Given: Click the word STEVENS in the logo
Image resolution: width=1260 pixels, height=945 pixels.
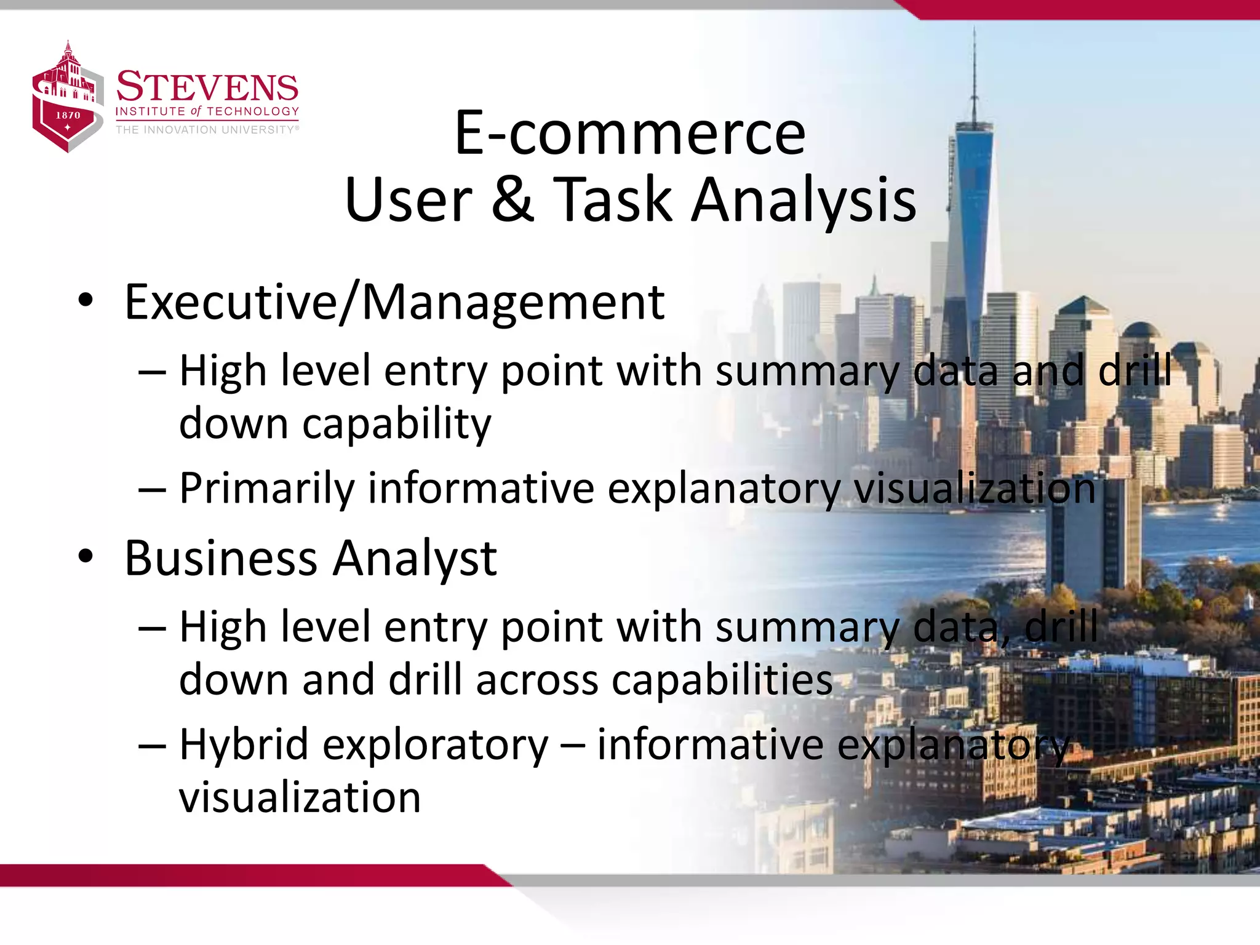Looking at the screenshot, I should coord(207,87).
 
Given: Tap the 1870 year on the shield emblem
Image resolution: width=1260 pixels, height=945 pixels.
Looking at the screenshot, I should coord(68,115).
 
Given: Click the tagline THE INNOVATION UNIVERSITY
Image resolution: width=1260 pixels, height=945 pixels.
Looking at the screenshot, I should coord(206,130).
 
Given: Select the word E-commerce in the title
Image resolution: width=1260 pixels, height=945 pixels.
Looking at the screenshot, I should coord(629,133).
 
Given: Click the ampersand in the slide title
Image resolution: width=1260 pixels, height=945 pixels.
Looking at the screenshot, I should coord(512,198).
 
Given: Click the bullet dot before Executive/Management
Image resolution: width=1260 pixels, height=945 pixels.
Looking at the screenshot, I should coord(86,301).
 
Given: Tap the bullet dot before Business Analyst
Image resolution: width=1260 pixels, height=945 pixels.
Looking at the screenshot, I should coord(86,556).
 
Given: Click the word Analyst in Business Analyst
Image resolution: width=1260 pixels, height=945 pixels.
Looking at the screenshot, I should coord(415,559).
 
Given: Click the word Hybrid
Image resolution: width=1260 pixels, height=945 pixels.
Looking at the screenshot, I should coord(244,744).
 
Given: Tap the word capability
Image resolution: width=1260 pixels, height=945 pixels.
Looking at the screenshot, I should coord(397,425).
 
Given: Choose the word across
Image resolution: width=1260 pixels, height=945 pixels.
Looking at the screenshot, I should coord(536,680).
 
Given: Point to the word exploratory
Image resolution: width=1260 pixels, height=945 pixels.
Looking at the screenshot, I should coord(436,746).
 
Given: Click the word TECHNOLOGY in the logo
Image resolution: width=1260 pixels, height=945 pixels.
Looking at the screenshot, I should coord(253,111).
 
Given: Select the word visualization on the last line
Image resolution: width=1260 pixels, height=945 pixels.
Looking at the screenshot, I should coord(300,797).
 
